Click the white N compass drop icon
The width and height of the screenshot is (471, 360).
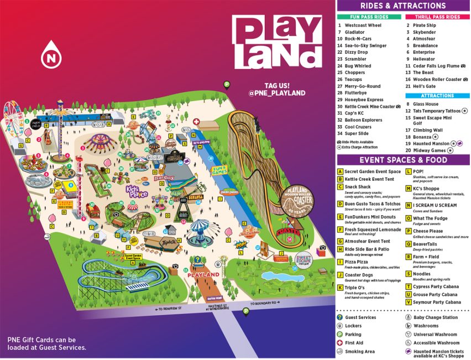coord(51,55)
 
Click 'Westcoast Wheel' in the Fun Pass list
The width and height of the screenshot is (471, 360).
coord(363,25)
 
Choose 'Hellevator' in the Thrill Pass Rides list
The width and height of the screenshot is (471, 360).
coord(424,59)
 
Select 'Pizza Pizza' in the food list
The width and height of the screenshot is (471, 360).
coord(356,262)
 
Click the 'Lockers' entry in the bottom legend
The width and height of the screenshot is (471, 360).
coord(354,326)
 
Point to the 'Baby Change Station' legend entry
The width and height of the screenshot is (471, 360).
coord(435,317)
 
